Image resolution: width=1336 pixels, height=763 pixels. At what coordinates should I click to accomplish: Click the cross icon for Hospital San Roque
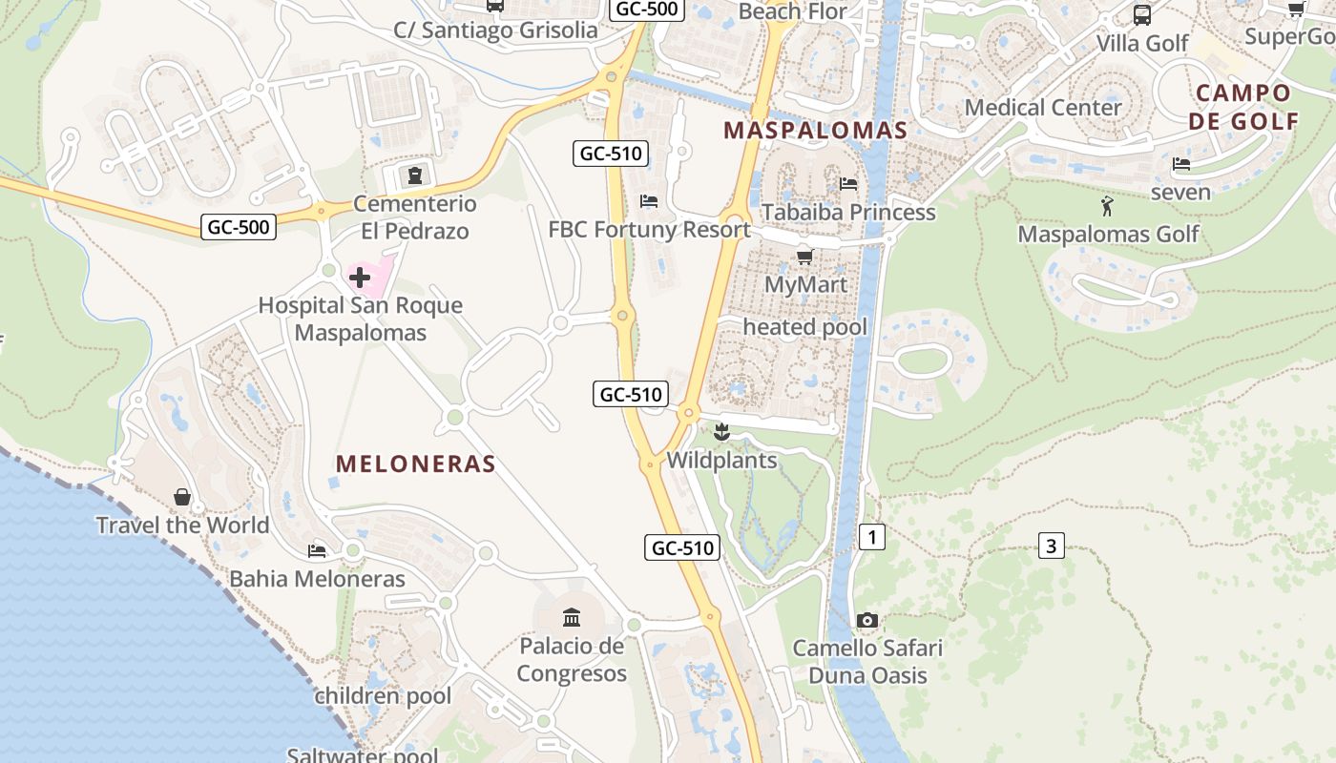360,278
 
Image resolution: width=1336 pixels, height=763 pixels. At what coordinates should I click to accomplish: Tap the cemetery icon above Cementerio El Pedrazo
415,175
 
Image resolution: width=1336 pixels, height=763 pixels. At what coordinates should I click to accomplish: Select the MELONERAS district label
416,464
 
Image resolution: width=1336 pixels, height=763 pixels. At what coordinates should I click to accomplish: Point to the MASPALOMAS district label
815,131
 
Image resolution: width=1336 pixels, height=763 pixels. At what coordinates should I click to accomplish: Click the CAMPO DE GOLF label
1246,107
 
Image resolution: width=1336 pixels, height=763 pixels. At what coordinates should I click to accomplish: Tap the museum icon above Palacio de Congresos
572,618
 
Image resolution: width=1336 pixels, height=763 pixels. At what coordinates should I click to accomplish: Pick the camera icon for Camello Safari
867,621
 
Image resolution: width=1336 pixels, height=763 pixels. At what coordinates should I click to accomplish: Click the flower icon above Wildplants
721,433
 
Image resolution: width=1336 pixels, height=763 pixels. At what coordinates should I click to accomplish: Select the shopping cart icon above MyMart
805,257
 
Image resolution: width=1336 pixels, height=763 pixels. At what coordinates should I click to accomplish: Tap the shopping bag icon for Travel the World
182,497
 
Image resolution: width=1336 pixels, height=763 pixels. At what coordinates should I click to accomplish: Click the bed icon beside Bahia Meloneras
317,551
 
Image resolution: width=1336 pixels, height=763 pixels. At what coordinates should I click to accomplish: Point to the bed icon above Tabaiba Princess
848,183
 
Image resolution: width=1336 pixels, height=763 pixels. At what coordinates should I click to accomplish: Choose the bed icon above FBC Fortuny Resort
649,201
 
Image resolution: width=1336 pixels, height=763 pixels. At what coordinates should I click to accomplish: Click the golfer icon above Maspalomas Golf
1107,206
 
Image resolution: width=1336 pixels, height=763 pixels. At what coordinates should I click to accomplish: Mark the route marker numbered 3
1051,546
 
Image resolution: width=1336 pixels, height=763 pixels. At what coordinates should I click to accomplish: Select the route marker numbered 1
871,537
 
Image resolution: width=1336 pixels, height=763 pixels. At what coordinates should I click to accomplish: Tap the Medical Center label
1043,107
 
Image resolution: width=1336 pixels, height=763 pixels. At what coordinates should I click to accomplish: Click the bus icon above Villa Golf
1141,15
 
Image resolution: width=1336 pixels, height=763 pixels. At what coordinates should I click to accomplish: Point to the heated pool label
805,327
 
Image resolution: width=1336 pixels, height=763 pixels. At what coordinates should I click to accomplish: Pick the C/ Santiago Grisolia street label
496,30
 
